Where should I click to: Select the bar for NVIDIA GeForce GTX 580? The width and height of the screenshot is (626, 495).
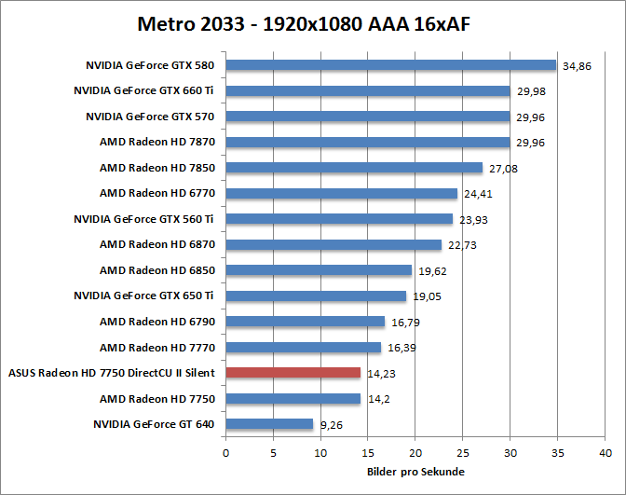pyautogui.click(x=390, y=65)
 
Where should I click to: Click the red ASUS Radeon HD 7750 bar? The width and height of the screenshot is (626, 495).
pyautogui.click(x=293, y=373)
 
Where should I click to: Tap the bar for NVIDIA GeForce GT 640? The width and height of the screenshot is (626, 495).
pyautogui.click(x=269, y=424)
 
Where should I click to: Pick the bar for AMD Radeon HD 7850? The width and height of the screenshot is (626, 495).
pyautogui.click(x=354, y=168)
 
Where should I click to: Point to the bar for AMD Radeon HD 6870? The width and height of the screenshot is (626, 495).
pyautogui.click(x=333, y=245)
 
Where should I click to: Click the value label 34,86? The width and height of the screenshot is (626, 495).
pyautogui.click(x=577, y=67)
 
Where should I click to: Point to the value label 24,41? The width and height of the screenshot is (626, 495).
pyautogui.click(x=477, y=195)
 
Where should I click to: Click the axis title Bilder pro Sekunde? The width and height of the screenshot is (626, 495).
pyautogui.click(x=415, y=472)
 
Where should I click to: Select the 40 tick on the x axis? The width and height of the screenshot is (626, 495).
pyautogui.click(x=606, y=453)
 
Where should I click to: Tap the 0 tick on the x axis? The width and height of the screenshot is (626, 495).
pyautogui.click(x=225, y=453)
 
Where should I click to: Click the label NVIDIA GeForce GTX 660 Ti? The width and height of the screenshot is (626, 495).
pyautogui.click(x=143, y=90)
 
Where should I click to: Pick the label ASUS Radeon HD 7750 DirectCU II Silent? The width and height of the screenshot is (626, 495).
pyautogui.click(x=111, y=373)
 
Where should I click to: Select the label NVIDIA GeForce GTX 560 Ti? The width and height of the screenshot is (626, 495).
pyautogui.click(x=143, y=219)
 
